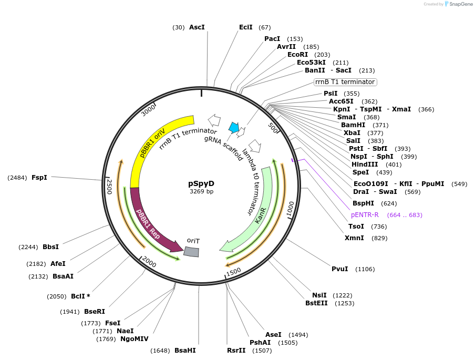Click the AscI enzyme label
[197, 27]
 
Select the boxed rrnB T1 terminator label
[345, 82]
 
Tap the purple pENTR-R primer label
[365, 215]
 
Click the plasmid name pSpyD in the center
[201, 183]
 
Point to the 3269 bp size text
[201, 191]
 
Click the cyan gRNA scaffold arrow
[234, 127]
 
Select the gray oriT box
[191, 252]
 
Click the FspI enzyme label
[39, 178]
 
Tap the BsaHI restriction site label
[185, 351]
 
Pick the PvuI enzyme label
[339, 269]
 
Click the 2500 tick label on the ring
[109, 186]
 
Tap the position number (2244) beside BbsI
[28, 247]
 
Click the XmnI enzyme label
[354, 238]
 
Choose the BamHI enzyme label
[353, 125]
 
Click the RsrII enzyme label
[236, 351]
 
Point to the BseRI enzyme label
[95, 312]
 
